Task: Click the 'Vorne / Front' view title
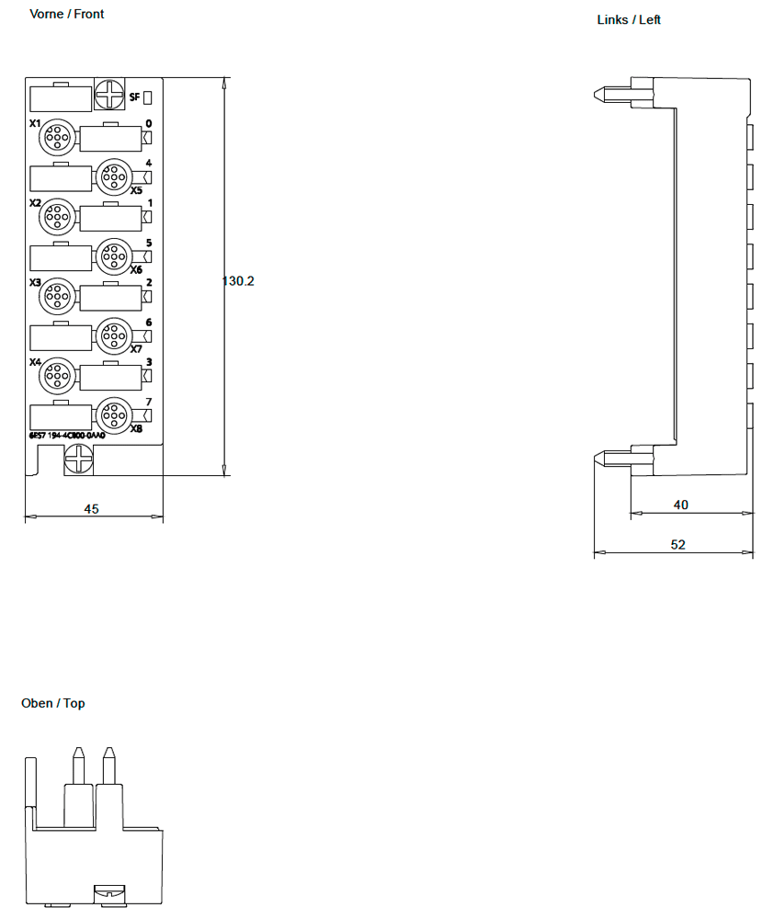tap(67, 14)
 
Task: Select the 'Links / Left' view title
tap(629, 19)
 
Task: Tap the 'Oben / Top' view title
tap(53, 703)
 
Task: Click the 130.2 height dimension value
tap(238, 280)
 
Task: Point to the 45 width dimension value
tap(91, 509)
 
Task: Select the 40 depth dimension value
tap(681, 505)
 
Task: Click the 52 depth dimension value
tap(677, 544)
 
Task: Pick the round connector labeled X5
tap(114, 177)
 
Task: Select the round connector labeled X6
tap(114, 256)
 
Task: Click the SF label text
tap(134, 96)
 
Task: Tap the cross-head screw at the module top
tap(109, 95)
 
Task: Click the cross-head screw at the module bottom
tap(80, 457)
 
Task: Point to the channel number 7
tap(149, 402)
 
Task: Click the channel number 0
tap(149, 123)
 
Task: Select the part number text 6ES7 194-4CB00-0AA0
tap(67, 436)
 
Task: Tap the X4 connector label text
tap(35, 363)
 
